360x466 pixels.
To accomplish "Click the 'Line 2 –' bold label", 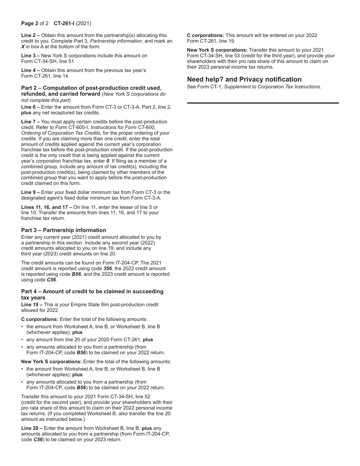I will (30, 35).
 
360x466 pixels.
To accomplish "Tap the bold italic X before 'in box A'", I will (23, 47).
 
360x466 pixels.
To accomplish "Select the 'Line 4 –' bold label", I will (30, 70).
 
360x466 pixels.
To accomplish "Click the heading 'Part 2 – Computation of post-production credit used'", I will (91, 88).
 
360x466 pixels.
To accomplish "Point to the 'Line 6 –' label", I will (30, 107).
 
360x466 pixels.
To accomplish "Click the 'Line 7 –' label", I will (30, 122).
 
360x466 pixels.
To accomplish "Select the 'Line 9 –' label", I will (30, 192).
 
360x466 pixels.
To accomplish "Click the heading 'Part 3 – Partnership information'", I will (64, 230).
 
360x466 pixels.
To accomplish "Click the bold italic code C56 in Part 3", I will (51, 280).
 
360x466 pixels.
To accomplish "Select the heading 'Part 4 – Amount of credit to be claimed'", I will (92, 291).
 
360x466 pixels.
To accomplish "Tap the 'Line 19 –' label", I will (32, 305).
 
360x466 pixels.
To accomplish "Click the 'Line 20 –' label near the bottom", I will (32, 428).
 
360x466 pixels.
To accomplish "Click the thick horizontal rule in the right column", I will (263, 103).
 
